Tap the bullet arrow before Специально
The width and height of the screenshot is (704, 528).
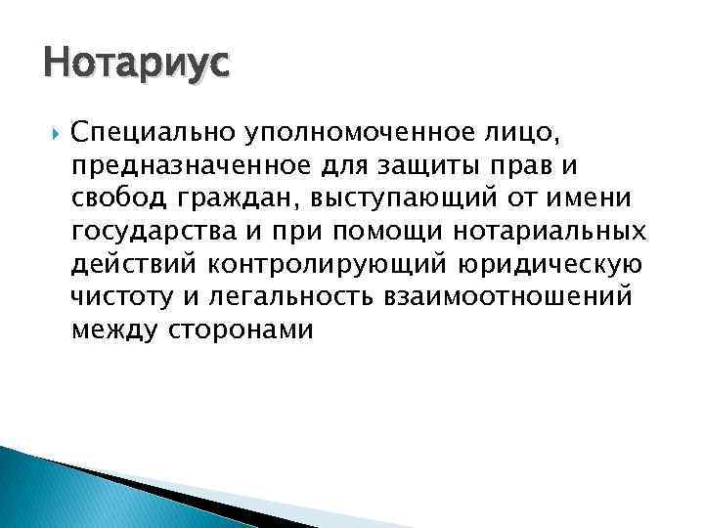click(50, 131)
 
